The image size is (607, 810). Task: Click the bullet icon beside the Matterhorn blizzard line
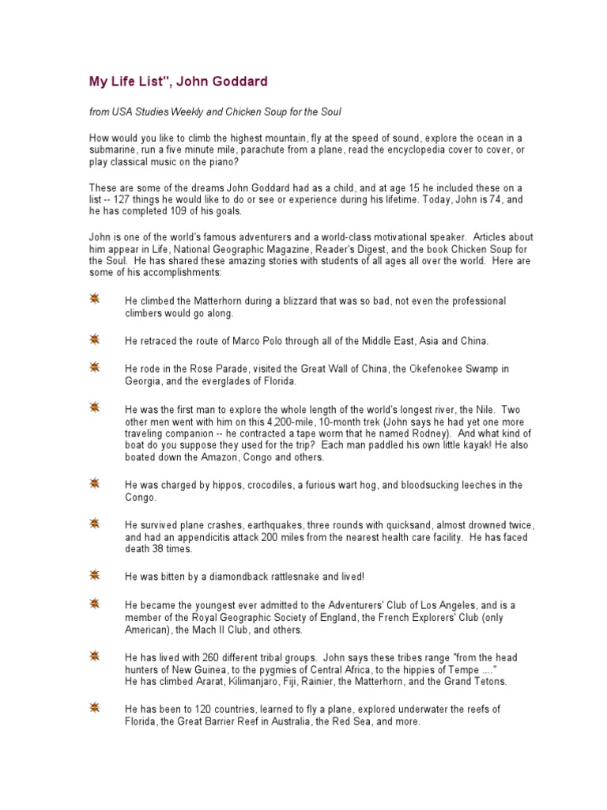click(94, 299)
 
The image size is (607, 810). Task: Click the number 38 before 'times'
click(158, 549)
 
